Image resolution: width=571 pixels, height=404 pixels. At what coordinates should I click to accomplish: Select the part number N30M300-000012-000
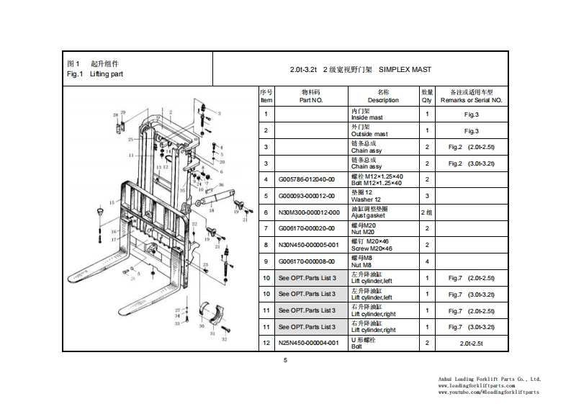309,212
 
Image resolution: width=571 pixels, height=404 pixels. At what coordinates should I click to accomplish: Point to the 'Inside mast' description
367,117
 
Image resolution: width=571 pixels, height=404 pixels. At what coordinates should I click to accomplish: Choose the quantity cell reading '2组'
427,212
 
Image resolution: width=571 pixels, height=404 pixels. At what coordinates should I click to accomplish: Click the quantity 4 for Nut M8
427,261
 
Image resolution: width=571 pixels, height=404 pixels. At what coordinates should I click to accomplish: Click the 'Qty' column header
427,100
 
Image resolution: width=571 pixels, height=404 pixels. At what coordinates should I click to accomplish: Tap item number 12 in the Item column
266,344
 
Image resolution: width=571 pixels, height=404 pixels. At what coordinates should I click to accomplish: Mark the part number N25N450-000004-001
309,344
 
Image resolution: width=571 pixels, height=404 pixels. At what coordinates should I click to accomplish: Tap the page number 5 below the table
286,360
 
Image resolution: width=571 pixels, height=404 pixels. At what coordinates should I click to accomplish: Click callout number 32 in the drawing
224,338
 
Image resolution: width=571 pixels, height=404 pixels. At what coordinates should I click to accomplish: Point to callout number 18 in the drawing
212,211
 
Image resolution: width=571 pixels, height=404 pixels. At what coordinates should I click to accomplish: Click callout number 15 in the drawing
111,203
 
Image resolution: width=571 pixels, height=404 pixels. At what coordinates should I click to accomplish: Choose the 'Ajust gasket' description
368,215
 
